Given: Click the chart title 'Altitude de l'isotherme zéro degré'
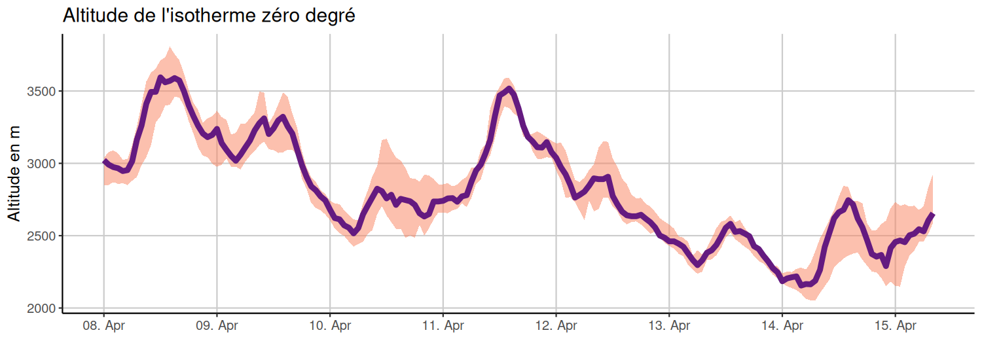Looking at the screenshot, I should click(x=209, y=16).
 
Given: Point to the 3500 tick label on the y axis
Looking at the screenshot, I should click(x=43, y=91).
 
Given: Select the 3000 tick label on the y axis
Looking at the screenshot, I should click(x=43, y=164).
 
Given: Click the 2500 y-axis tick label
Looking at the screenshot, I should click(x=43, y=236).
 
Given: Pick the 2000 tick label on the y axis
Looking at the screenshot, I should click(x=43, y=308).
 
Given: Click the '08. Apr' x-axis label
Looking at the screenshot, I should click(x=103, y=325).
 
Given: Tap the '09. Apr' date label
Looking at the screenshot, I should click(x=217, y=325).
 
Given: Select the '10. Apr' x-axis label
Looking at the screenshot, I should click(x=330, y=325).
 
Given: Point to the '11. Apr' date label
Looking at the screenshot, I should click(x=443, y=325).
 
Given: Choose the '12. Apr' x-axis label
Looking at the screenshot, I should click(x=556, y=325).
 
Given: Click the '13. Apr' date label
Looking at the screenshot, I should click(x=669, y=325).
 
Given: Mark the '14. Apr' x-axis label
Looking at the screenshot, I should click(x=782, y=325).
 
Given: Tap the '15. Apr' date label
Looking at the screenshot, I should click(x=896, y=325).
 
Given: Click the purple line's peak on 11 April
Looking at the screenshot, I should click(x=509, y=89).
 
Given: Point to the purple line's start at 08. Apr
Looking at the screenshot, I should click(x=104, y=161).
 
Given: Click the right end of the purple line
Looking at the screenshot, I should click(x=932, y=215).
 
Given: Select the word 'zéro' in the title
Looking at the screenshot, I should click(x=277, y=16).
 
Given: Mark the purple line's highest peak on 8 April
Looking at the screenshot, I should click(x=160, y=78).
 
